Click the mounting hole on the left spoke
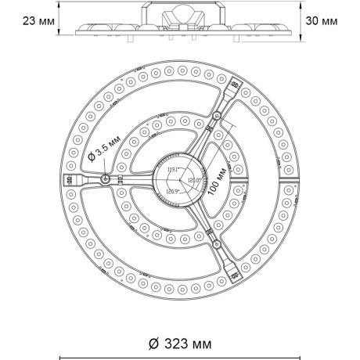click(x=105, y=179)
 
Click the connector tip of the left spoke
click(x=64, y=179)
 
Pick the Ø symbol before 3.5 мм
click(x=92, y=157)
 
